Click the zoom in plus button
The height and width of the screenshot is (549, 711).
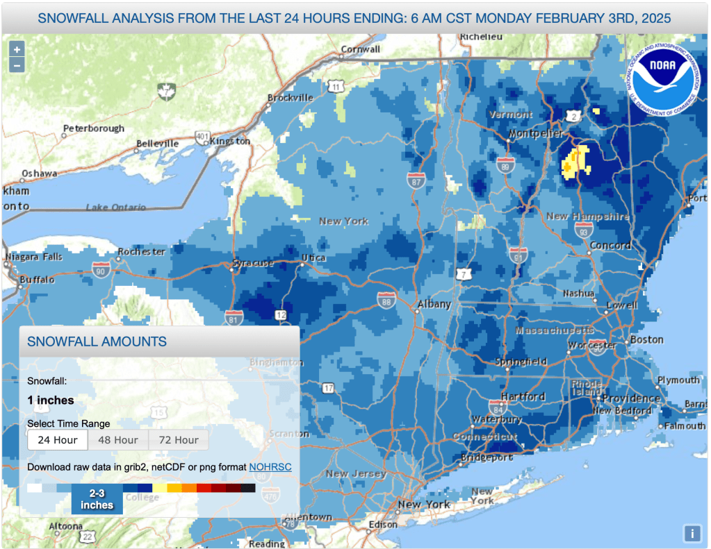point(17,49)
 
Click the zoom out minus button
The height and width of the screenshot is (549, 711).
point(17,65)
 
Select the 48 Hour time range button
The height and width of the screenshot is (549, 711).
point(117,440)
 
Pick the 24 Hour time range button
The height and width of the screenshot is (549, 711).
point(58,440)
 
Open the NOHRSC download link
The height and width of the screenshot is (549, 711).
point(270,467)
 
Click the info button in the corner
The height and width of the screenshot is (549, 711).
point(692,533)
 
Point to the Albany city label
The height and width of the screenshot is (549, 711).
point(434,305)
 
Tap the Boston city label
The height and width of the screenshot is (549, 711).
point(646,340)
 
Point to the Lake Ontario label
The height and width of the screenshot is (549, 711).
point(116,208)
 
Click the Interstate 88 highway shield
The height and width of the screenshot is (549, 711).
point(386,300)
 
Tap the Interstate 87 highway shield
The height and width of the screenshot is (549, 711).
point(416,180)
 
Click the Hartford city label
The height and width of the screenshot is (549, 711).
point(523,397)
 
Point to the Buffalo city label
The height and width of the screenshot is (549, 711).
point(37,280)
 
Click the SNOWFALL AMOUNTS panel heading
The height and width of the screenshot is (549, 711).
point(97,341)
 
